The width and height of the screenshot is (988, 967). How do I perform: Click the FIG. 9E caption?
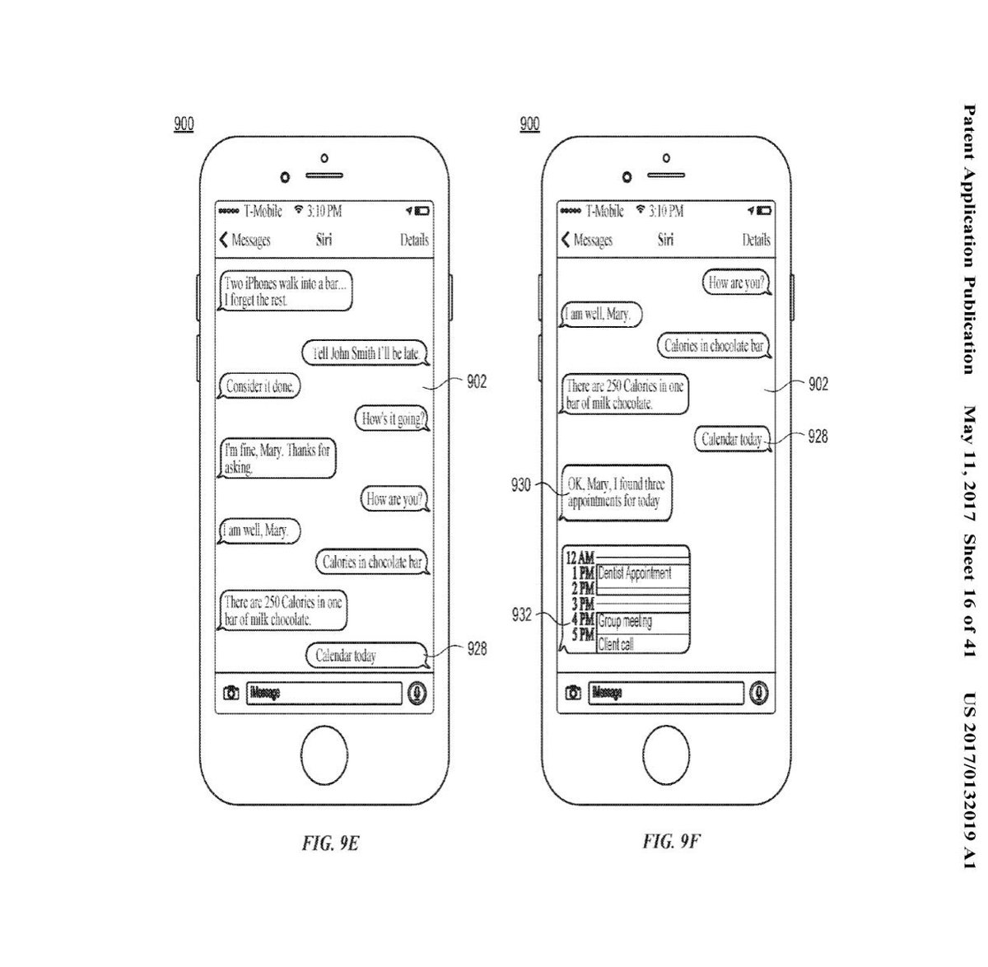coord(329,844)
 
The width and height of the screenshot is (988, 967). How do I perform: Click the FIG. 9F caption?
coord(671,841)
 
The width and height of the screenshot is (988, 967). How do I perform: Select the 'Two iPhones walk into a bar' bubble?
coord(286,292)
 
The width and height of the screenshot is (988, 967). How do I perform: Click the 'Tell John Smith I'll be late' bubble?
coord(365,354)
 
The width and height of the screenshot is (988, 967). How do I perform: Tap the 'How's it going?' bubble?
coord(394,419)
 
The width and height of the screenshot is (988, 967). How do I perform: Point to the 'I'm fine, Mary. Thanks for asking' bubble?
coord(277,459)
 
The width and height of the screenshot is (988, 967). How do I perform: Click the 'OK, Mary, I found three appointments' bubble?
coord(616,493)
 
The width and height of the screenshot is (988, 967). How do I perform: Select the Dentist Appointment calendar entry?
coord(641,573)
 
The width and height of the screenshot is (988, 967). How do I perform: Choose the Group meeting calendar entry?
coord(641,622)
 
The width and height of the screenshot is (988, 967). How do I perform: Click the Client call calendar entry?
coord(641,644)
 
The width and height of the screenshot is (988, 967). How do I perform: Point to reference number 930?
coord(521,485)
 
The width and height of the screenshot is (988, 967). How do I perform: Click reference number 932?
coord(521,614)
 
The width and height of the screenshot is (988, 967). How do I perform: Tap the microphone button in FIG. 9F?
coord(759,693)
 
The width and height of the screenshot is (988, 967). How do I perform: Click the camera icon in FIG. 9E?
coord(231,693)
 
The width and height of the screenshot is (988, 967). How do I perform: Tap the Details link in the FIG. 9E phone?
coord(414,240)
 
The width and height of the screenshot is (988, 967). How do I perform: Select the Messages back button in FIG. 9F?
coord(587,240)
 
